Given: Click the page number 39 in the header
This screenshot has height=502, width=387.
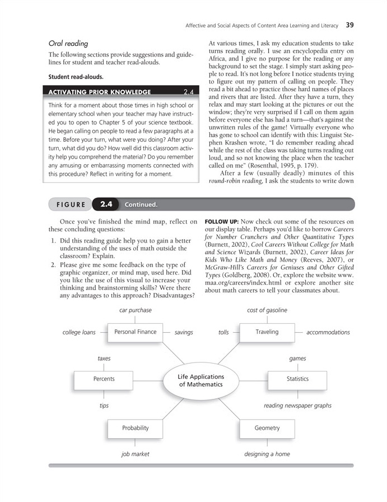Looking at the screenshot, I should [x=350, y=25].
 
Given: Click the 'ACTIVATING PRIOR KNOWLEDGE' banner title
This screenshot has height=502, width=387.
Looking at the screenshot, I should [x=100, y=92].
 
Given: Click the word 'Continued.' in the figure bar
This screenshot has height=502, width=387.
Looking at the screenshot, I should [x=141, y=204].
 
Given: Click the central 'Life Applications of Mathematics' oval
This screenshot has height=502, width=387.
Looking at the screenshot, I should [x=201, y=381].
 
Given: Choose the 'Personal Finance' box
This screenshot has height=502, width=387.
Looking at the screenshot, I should [x=135, y=332].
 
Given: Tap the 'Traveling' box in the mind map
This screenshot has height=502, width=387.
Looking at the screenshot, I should [x=267, y=332].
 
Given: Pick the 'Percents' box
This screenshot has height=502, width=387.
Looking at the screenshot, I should [x=104, y=379].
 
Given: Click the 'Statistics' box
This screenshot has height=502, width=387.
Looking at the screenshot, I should [x=297, y=379].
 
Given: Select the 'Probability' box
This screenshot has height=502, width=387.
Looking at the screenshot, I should [x=136, y=428].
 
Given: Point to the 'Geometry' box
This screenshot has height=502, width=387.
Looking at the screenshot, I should [x=267, y=428].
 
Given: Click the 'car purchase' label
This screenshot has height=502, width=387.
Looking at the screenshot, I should [x=136, y=310].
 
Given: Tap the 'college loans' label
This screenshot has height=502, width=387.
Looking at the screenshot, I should [x=79, y=332].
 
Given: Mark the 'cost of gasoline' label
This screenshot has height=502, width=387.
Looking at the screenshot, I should [x=267, y=310].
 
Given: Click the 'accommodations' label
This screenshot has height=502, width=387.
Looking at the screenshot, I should [x=328, y=332].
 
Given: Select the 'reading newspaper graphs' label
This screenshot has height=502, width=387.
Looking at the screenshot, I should [x=297, y=406].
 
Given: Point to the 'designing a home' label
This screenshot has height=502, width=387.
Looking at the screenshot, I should [x=267, y=454].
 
